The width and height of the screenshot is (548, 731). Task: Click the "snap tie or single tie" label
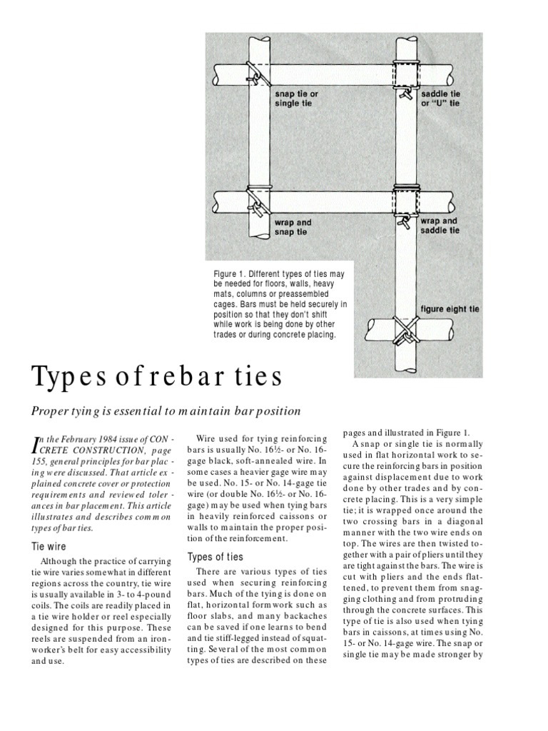pos(296,98)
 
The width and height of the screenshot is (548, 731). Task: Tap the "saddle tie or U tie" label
pos(440,98)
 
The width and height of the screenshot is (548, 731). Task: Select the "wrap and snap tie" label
pos(293,227)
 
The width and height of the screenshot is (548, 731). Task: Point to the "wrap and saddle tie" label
pos(440,226)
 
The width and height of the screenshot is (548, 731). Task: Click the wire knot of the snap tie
pos(254,74)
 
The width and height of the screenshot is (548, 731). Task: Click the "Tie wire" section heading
pos(47,546)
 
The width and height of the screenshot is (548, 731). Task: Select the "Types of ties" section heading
pos(215,557)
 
